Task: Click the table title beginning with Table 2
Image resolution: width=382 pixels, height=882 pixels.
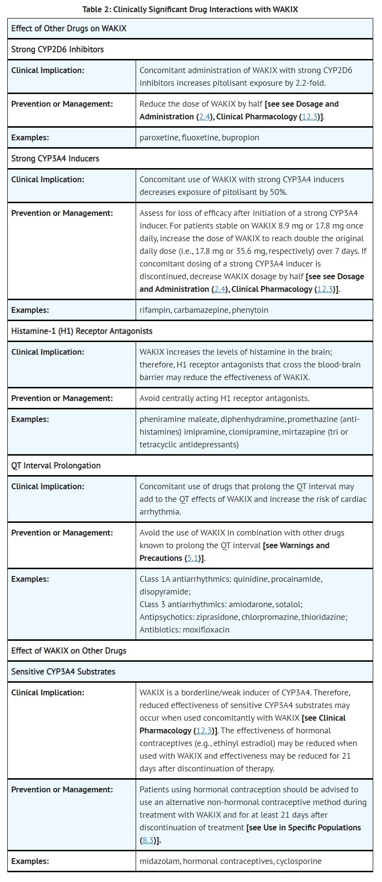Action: [190, 9]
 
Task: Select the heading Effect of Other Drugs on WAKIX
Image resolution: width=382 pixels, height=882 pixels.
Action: [69, 28]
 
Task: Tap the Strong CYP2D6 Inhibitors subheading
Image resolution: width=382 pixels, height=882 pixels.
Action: [58, 49]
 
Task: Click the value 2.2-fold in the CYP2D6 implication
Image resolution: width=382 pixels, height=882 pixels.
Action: [311, 83]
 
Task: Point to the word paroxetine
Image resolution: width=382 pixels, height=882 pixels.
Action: [159, 137]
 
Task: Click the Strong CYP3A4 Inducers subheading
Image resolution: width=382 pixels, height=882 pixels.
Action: [55, 158]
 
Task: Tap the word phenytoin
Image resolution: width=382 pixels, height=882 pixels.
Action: [250, 310]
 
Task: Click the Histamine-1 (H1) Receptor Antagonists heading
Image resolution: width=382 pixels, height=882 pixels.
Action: [82, 331]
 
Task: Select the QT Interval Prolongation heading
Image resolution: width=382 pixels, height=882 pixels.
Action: [56, 465]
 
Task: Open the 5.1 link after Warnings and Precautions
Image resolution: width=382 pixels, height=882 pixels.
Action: [192, 558]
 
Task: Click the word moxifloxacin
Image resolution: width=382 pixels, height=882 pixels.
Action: [206, 630]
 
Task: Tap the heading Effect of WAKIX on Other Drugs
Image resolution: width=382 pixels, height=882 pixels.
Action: [69, 651]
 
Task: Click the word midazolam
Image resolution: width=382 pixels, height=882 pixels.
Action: [159, 861]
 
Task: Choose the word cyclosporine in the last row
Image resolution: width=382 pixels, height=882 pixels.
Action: [299, 861]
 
